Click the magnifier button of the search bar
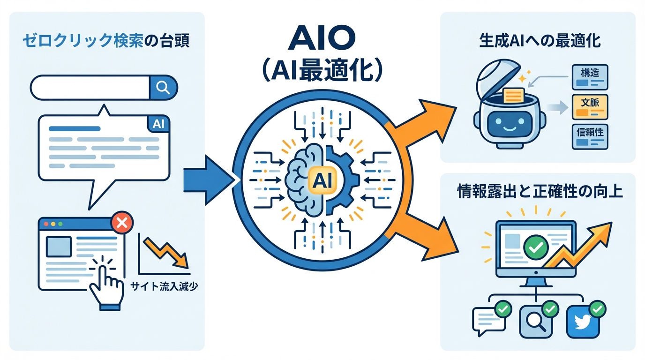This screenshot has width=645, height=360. pos(163,88)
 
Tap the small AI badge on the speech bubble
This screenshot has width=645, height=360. pos(158,124)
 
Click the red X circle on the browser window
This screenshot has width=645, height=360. pos(122,223)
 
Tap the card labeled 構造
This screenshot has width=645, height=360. pos(590,77)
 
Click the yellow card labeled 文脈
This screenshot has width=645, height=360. pos(590,106)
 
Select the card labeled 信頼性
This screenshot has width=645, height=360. pos(590,136)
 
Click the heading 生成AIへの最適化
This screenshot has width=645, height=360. pos(539,40)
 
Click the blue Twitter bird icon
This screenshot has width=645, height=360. pos(583,322)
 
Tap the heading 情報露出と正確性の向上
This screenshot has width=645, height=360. pos(540,192)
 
